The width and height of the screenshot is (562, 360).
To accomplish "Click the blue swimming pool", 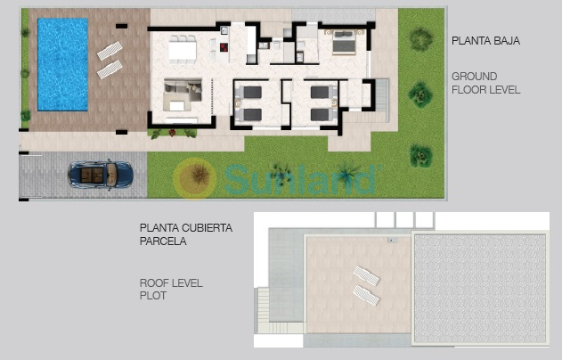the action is pos(62,64).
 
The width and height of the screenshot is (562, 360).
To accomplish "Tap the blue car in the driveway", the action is pos(101,175).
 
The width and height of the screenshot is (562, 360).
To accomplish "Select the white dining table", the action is pos(183,51).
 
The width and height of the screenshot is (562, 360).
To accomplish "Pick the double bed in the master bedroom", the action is pos(344,43).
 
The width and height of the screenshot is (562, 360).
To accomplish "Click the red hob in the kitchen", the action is pos(224,47).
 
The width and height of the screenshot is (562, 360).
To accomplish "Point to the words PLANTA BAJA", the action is pos(485,41).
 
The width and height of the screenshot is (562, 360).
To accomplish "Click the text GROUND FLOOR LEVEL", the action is pos(485,83).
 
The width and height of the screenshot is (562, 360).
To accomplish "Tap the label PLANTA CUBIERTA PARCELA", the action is pos(186,234).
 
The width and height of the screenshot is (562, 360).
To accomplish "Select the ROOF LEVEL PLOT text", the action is pos(171,290).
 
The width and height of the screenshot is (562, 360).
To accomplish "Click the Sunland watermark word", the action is pos(300,179).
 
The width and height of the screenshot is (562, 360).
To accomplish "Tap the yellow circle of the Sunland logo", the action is pos(195,178).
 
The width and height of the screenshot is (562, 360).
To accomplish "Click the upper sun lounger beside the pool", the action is pos(110,51).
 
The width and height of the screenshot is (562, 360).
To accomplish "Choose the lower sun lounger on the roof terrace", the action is pos(366,296).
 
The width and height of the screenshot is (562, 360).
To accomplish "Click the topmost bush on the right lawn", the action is pos(420,38).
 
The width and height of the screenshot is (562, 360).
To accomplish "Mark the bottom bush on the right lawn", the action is pos(420,156).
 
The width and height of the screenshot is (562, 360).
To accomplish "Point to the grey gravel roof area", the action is pos(480,289).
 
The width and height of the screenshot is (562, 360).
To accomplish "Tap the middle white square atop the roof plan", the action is pos(404,219).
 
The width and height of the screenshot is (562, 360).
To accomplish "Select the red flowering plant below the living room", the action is pos(173,133).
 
